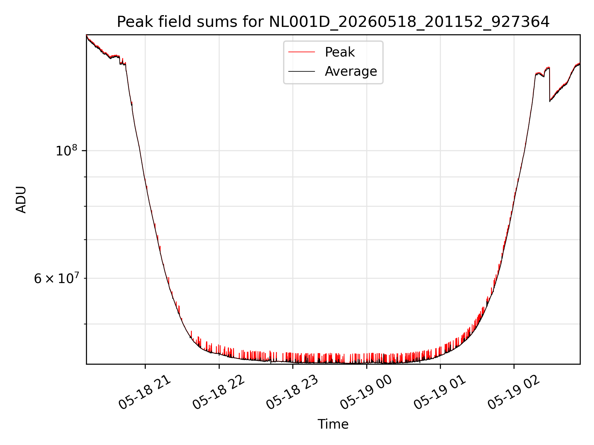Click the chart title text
pyautogui.click(x=333, y=22)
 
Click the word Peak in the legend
pyautogui.click(x=340, y=52)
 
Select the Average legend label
pyautogui.click(x=351, y=71)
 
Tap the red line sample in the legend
pyautogui.click(x=302, y=52)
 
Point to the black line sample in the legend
pyautogui.click(x=302, y=71)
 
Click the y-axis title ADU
pyautogui.click(x=21, y=200)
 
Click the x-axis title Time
pyautogui.click(x=333, y=424)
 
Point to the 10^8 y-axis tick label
pyautogui.click(x=66, y=151)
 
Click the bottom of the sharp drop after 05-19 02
pyautogui.click(x=550, y=101)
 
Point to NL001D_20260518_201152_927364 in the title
pyautogui.click(x=409, y=22)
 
